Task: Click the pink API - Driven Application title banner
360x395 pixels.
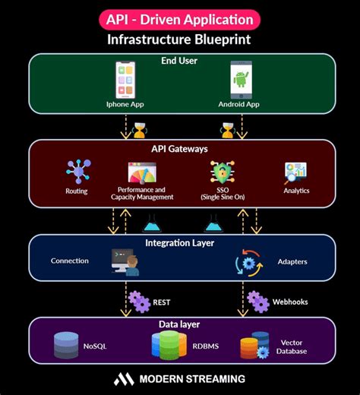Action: (x=180, y=18)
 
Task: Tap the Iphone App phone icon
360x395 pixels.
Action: (x=125, y=79)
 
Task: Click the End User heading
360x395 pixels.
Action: (x=180, y=60)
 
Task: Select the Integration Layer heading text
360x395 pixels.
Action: (x=180, y=243)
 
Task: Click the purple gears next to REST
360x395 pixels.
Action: (x=139, y=302)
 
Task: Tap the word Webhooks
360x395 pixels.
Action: (x=289, y=302)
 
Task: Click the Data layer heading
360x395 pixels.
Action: (x=180, y=324)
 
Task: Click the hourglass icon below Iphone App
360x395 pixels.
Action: (x=139, y=130)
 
